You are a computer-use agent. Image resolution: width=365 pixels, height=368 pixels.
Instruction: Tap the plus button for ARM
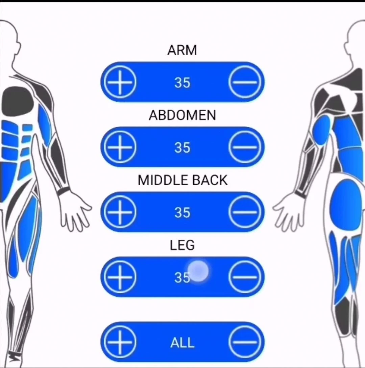click(120, 82)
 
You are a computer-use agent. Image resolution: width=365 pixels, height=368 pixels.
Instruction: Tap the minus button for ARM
click(245, 82)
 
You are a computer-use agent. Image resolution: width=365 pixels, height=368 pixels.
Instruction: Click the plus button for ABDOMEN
click(120, 147)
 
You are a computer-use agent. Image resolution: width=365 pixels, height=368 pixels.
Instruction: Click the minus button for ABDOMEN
click(245, 147)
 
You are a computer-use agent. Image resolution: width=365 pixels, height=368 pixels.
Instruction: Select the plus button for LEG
click(120, 277)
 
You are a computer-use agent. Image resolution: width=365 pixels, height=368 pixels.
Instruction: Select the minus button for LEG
click(245, 277)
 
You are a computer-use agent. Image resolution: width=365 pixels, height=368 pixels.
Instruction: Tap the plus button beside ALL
click(120, 342)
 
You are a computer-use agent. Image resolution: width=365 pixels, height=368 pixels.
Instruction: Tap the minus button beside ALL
click(245, 342)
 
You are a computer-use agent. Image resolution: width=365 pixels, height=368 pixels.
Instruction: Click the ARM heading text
click(182, 50)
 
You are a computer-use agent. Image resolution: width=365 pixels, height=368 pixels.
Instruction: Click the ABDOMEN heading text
click(182, 115)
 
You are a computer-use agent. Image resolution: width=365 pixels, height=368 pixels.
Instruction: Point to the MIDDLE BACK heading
click(182, 180)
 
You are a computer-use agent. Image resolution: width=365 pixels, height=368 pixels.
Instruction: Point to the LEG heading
click(182, 245)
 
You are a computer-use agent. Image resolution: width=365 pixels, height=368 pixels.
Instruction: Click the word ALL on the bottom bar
click(182, 343)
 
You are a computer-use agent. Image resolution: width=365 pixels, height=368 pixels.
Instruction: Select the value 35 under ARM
click(182, 83)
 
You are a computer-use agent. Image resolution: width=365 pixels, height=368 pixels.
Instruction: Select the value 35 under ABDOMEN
click(182, 148)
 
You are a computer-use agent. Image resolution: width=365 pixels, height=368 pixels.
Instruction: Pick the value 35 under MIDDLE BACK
click(182, 213)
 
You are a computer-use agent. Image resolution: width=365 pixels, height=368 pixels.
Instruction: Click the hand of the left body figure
click(75, 211)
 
